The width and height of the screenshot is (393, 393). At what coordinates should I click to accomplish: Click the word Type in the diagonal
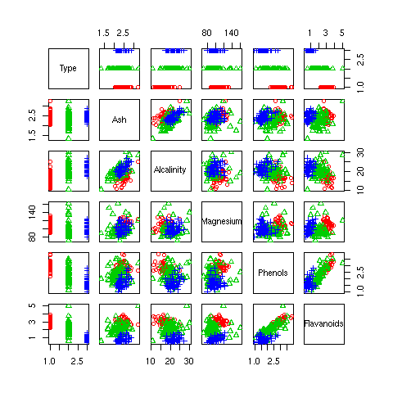click(x=68, y=68)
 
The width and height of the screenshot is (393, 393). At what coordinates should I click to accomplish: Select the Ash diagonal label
click(x=120, y=120)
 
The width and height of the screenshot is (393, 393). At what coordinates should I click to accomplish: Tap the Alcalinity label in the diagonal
click(x=170, y=169)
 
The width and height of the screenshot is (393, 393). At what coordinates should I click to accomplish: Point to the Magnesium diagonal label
click(x=221, y=221)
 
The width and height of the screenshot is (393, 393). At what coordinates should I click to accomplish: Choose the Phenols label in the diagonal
click(x=273, y=272)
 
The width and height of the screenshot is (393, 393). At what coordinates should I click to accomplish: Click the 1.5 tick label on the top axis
click(x=104, y=33)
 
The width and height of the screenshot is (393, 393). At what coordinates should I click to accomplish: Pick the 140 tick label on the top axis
click(x=232, y=33)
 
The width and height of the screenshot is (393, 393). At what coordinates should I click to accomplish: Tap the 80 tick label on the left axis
click(x=33, y=237)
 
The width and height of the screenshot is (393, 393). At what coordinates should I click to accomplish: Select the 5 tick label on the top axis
click(x=342, y=33)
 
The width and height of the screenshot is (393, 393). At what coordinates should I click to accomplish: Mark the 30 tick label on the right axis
click(x=360, y=154)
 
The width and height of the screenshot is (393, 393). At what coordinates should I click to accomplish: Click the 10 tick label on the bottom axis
click(x=154, y=360)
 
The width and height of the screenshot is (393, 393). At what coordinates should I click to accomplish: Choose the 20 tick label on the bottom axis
click(x=170, y=360)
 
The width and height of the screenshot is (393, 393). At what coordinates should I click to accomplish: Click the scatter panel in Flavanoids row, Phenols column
click(x=273, y=323)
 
